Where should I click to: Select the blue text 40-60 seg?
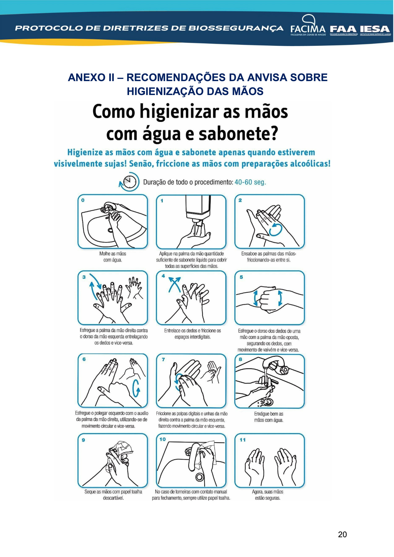click(250, 182)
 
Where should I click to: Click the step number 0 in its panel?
click(83, 200)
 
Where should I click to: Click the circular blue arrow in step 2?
click(276, 230)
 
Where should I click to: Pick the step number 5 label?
click(241, 277)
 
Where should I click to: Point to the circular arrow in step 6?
click(136, 388)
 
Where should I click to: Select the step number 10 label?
click(162, 439)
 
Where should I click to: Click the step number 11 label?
click(243, 440)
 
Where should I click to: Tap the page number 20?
click(342, 534)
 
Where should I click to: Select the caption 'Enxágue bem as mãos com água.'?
click(269, 417)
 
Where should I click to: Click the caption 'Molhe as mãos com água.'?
click(113, 257)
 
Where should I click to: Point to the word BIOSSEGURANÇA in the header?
click(236, 28)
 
